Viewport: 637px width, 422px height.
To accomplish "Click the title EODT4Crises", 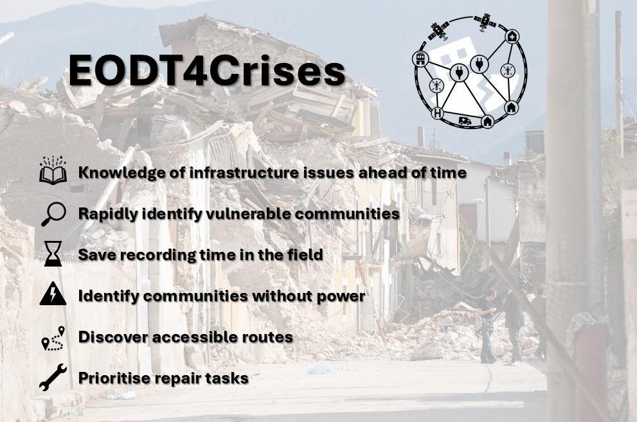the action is [x=207, y=71].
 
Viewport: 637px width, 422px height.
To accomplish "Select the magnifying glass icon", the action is [x=53, y=214].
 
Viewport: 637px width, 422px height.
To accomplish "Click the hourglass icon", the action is [x=53, y=254].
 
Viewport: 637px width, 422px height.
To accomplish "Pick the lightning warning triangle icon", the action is [x=53, y=294].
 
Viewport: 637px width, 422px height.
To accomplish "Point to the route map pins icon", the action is [x=53, y=338].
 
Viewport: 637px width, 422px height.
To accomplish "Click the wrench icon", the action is [x=53, y=378].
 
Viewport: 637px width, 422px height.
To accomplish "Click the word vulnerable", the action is [x=248, y=213].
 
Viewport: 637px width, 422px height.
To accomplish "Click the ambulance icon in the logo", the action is [x=465, y=121].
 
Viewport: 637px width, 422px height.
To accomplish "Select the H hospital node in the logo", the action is [x=438, y=113].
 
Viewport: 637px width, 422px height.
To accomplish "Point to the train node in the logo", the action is [x=420, y=59].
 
